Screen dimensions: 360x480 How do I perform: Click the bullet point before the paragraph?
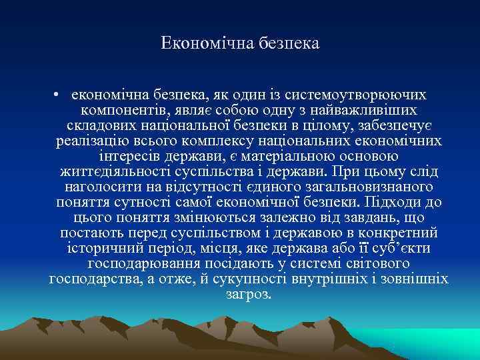[59, 95]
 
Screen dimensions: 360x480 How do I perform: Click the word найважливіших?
[367, 110]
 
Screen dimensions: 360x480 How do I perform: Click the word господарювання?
[146, 263]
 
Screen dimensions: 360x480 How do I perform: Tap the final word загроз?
[249, 294]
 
